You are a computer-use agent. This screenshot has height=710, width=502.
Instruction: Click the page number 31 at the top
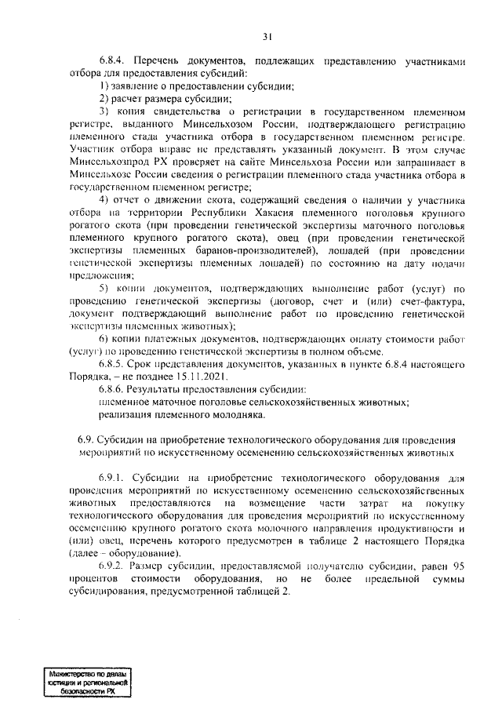point(267,36)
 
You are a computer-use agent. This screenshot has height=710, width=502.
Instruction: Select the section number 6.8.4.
point(113,60)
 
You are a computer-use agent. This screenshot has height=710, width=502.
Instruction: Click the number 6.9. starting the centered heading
point(86,441)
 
